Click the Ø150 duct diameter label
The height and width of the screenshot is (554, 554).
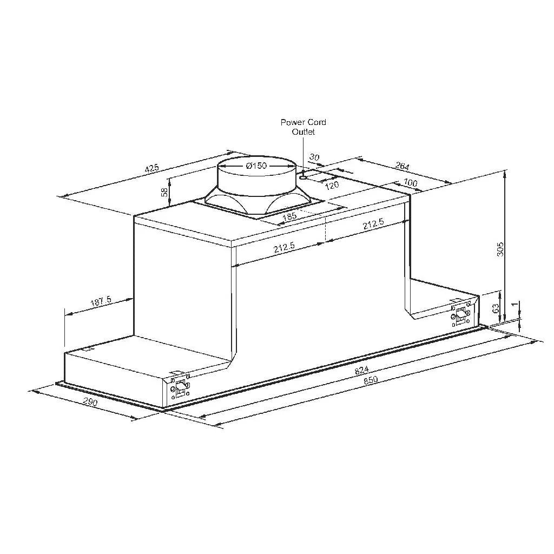tap(256, 166)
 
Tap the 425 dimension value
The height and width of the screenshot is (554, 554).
tap(153, 168)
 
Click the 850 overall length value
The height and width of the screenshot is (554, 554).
tap(370, 380)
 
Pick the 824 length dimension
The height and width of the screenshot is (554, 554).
tap(361, 370)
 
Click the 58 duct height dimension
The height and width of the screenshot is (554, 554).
tap(164, 193)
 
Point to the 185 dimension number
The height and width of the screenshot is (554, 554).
tap(290, 217)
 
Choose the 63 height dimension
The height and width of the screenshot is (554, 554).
tap(494, 308)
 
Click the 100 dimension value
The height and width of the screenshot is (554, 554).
tap(411, 183)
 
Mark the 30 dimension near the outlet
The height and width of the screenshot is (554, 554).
tap(314, 157)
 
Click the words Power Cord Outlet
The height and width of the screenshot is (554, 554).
tap(303, 127)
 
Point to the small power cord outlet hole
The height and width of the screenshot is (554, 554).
tap(304, 175)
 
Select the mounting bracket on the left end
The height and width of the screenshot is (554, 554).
tap(179, 386)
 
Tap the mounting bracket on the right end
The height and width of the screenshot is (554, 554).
tap(460, 313)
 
